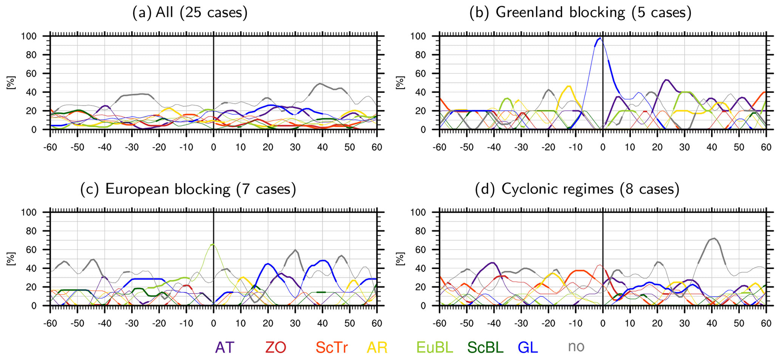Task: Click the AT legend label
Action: (x=225, y=347)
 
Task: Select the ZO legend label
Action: (x=275, y=347)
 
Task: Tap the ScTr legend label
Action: (x=332, y=347)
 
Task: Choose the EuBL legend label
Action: (x=435, y=347)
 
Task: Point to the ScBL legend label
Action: (x=485, y=347)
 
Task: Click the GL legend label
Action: (x=527, y=347)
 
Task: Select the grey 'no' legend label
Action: (x=576, y=347)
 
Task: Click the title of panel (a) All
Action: (x=190, y=13)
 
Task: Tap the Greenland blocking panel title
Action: (x=580, y=13)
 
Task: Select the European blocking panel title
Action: (x=188, y=189)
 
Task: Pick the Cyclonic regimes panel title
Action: (x=577, y=189)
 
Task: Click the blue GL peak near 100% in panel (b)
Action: (x=600, y=38)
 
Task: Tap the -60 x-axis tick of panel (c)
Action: (x=50, y=323)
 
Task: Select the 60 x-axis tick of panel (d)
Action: (x=766, y=323)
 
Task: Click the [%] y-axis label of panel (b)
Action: (x=400, y=82)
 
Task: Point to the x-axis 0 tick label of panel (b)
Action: (x=603, y=147)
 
